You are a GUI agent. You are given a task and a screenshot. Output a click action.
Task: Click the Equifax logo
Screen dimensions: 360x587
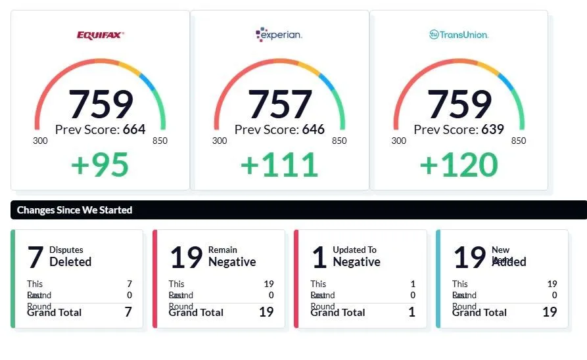pos(100,35)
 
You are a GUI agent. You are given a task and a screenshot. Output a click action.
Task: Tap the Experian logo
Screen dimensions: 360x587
pos(279,35)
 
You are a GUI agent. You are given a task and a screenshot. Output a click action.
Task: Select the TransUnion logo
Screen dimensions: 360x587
pos(459,34)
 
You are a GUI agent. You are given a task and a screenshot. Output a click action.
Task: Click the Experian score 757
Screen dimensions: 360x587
pos(279,104)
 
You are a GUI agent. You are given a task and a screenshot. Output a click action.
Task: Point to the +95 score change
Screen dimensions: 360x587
pos(100,165)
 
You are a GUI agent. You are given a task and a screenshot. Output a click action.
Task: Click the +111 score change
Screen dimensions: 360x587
pos(279,165)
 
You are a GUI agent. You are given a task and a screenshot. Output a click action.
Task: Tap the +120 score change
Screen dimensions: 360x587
pos(459,165)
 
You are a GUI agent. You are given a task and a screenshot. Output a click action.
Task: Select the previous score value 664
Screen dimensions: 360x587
pos(134,129)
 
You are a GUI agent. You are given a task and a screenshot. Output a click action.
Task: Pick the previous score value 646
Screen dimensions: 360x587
pos(313,129)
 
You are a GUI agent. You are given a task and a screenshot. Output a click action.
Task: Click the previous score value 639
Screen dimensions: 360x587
pos(492,129)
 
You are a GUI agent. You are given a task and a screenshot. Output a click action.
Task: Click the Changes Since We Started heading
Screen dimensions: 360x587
pos(74,210)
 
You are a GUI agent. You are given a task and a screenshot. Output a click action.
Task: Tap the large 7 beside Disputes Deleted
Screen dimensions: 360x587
pos(35,258)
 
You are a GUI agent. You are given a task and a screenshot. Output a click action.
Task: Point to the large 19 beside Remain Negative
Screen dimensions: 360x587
pos(186,258)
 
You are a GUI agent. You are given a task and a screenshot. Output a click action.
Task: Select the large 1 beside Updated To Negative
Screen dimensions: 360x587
pos(319,258)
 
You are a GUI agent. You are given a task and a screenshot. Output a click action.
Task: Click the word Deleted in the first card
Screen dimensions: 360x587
pos(70,261)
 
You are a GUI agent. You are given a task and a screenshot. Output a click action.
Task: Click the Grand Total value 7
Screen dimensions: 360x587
pos(128,312)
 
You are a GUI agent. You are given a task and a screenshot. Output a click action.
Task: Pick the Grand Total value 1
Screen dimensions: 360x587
pos(412,312)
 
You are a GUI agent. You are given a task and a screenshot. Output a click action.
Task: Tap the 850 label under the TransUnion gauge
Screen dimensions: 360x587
pos(518,141)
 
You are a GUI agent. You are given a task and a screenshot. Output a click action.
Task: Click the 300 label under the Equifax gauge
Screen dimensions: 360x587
pos(41,141)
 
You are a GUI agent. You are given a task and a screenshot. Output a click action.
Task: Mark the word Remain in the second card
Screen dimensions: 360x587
pos(223,250)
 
